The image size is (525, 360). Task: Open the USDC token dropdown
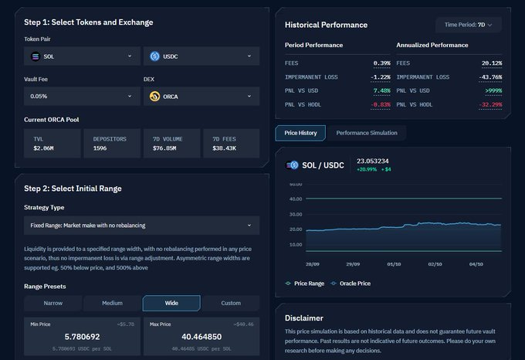coord(202,56)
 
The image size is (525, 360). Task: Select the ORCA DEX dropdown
coord(202,97)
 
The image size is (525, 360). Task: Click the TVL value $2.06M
coord(44,148)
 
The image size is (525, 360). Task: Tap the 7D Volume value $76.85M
coord(165,148)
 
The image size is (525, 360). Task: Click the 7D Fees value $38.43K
coord(225,148)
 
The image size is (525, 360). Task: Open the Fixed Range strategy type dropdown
coord(141,226)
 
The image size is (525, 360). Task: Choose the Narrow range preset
coord(52,303)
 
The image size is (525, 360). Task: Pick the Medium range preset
coord(112,303)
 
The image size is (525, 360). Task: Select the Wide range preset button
coord(171,303)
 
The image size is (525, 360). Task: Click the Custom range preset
coord(231,303)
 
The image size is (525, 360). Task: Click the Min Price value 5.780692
coord(62,338)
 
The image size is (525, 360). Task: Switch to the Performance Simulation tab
coord(367,133)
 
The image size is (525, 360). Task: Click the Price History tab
coord(300,133)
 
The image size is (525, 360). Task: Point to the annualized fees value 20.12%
coord(491,63)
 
